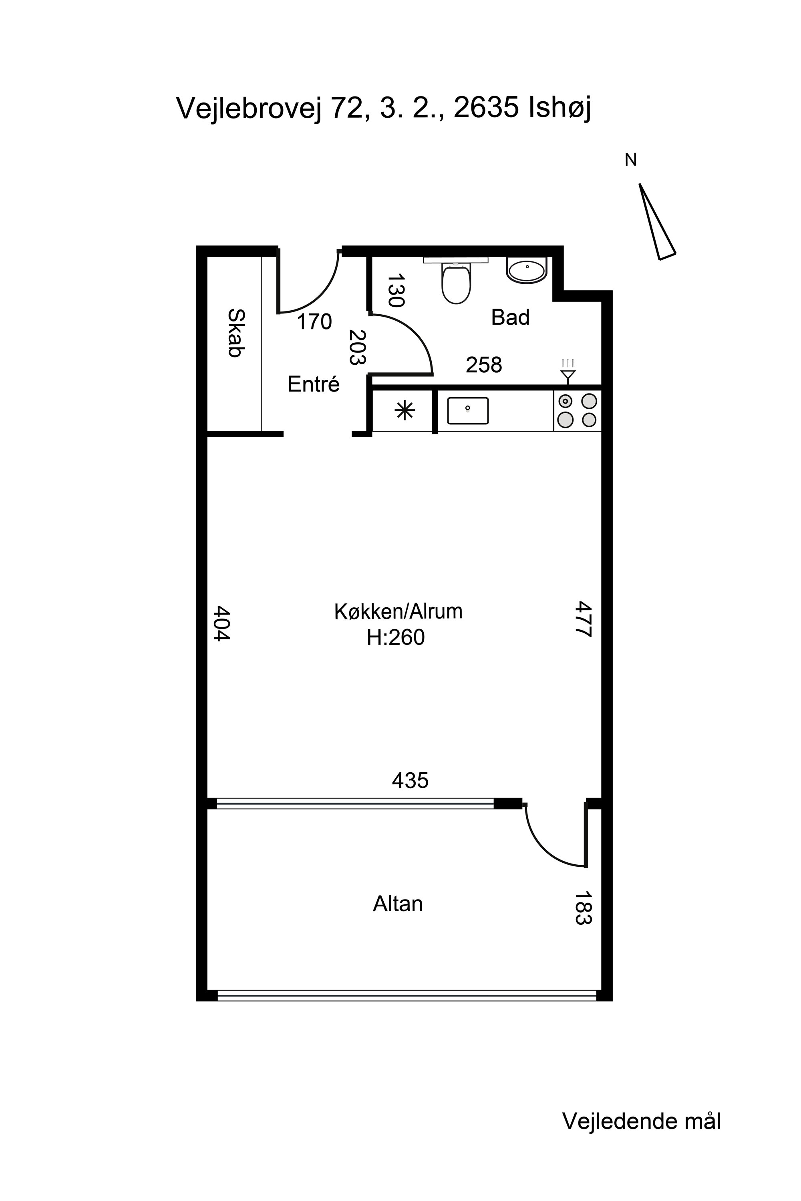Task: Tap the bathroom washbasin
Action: click(527, 271)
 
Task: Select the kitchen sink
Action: click(468, 411)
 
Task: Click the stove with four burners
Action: click(577, 411)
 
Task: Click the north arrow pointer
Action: click(657, 222)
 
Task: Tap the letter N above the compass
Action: click(631, 161)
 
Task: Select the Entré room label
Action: click(314, 384)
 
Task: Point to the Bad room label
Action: click(510, 317)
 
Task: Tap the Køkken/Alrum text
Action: click(398, 611)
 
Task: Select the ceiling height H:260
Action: click(396, 638)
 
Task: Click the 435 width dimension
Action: click(410, 780)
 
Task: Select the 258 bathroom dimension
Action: click(484, 365)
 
